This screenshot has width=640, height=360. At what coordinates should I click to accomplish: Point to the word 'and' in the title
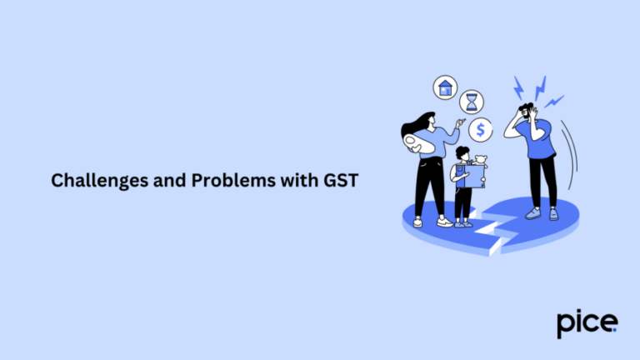(152, 179)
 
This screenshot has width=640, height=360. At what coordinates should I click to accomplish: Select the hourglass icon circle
(472, 102)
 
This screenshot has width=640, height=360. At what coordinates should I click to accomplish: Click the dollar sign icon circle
(480, 129)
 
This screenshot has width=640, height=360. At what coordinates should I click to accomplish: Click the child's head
(462, 155)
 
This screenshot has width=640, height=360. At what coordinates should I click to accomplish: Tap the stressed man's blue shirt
(542, 142)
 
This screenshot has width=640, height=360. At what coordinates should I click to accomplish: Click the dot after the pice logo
(616, 329)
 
